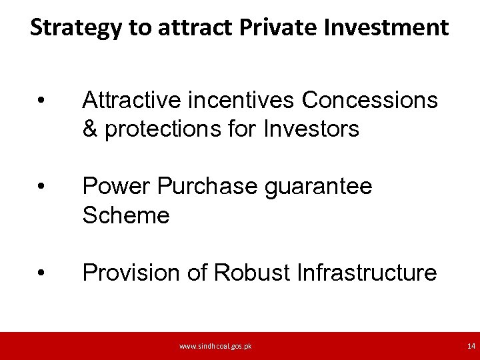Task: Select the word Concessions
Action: [370, 101]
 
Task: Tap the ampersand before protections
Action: [90, 129]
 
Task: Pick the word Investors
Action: [311, 129]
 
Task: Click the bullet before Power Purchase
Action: [41, 187]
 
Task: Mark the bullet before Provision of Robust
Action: [41, 273]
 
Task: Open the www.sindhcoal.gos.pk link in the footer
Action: [215, 347]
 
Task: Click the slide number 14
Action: [471, 347]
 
